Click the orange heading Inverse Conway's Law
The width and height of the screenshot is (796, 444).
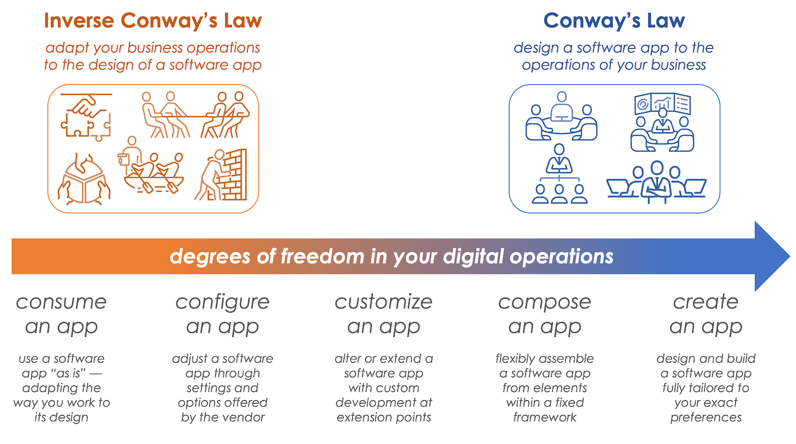pos(153,21)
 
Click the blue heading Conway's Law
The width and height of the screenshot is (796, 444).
pos(614,21)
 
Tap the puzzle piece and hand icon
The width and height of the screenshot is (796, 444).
pos(86,116)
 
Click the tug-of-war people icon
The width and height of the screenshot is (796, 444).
pos(195,114)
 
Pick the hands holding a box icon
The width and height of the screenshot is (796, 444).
pos(85,177)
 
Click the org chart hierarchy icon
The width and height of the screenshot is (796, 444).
pos(559,173)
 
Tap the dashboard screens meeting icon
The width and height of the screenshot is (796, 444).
pos(662,122)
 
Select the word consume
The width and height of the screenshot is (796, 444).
pos(61,302)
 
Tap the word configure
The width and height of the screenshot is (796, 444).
pos(223,302)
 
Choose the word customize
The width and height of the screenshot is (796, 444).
pos(384,302)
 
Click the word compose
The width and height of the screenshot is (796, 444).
pos(545,302)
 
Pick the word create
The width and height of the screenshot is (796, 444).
pos(706,302)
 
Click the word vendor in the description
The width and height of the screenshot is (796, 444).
pos(243,417)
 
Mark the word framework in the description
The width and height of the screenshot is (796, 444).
pos(545,417)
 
